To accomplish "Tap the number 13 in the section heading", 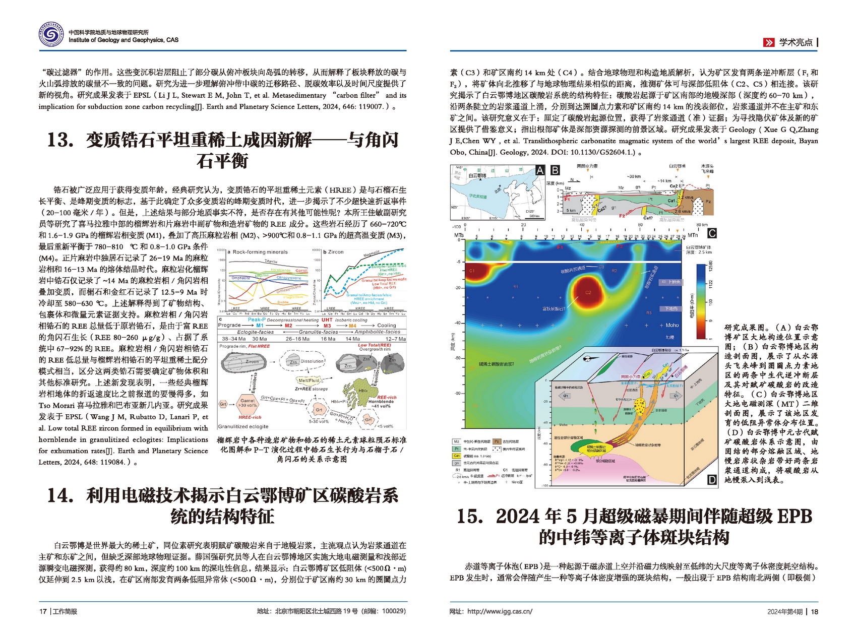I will (x=60, y=140).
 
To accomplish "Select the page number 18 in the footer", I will (x=814, y=612).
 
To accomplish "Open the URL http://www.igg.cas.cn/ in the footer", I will (x=499, y=612).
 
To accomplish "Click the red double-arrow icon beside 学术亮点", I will (x=769, y=43).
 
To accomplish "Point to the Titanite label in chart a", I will (x=271, y=262).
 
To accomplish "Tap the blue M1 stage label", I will (x=260, y=326).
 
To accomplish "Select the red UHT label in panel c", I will (x=327, y=320).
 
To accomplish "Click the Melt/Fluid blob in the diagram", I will (x=309, y=380).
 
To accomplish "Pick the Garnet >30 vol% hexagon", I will (x=247, y=403).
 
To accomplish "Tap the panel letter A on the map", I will (x=540, y=170).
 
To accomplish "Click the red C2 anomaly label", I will (x=588, y=292).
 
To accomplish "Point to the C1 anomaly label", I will (x=472, y=271).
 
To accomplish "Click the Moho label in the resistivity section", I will (x=672, y=326).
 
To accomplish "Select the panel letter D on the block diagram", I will (x=711, y=480).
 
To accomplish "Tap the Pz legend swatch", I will (x=497, y=441).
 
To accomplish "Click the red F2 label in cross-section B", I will (x=622, y=216).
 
